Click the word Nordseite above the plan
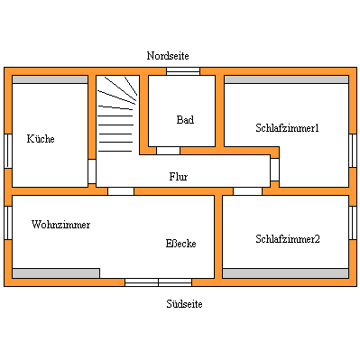(x=168, y=56)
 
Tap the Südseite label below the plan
(x=184, y=304)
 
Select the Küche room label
(x=41, y=139)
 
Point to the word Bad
(x=185, y=120)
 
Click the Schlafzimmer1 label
(x=287, y=128)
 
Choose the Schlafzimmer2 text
(x=287, y=239)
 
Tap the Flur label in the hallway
(x=179, y=177)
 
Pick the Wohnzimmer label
(x=60, y=224)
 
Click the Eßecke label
(x=181, y=244)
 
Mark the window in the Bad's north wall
(x=183, y=71)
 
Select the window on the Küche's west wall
(x=7, y=150)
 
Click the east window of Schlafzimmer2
(x=353, y=222)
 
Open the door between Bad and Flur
(x=168, y=151)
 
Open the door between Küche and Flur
(x=92, y=171)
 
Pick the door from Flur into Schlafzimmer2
(x=247, y=190)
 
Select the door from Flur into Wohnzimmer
(x=121, y=190)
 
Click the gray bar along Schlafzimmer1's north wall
(x=286, y=79)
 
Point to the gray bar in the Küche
(x=50, y=79)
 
